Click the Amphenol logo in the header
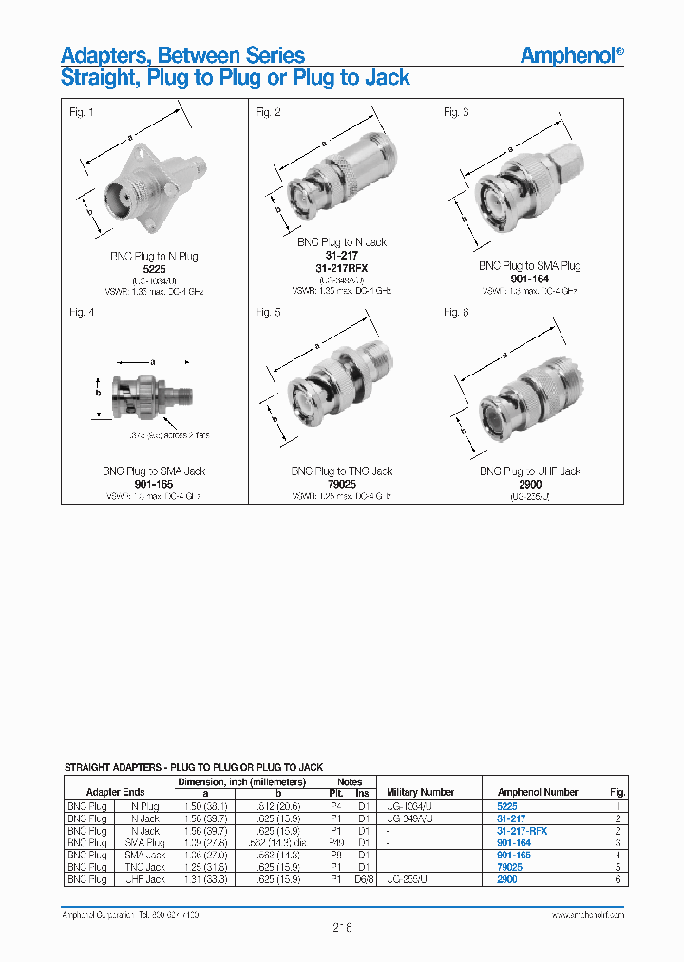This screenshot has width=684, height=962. (572, 55)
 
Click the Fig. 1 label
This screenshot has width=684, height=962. (82, 113)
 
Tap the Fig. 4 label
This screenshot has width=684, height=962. (82, 313)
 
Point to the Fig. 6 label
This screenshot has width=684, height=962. (456, 313)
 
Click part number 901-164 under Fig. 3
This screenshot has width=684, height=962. (529, 279)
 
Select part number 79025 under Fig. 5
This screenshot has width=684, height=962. (342, 483)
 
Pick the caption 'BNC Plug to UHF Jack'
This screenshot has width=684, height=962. (529, 471)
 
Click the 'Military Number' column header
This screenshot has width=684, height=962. (420, 792)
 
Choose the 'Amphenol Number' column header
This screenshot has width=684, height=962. (538, 792)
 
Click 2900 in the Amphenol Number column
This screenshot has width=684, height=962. (507, 880)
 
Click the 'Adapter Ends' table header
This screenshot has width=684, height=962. (115, 792)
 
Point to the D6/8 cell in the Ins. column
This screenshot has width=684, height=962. (363, 880)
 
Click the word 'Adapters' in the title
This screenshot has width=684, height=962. (102, 55)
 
